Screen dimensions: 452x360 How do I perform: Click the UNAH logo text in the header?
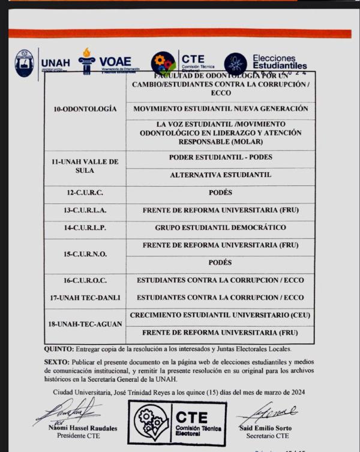[x=55, y=62]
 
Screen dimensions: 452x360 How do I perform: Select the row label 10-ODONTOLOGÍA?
[x=85, y=110]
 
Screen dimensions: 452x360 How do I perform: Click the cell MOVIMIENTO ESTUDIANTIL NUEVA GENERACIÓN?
[x=220, y=109]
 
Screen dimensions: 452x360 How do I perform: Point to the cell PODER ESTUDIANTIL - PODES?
[x=220, y=157]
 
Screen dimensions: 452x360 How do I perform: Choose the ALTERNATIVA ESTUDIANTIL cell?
[x=220, y=175]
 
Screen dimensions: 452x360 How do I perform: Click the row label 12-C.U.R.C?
[x=85, y=193]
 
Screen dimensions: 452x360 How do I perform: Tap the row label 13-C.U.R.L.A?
[x=85, y=211]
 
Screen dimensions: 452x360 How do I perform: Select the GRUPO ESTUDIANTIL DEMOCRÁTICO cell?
[x=220, y=228]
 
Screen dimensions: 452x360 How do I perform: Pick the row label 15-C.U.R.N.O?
[x=85, y=254]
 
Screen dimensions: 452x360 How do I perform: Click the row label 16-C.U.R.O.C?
[x=85, y=280]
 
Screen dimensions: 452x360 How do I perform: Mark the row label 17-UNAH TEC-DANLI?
[x=85, y=298]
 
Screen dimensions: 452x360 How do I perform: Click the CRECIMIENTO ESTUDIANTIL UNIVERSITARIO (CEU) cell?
[x=220, y=315]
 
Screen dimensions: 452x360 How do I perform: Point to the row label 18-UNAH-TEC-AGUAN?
[x=85, y=324]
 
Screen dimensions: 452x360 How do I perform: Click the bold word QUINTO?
[x=59, y=349]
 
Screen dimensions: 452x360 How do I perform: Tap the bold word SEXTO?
[x=56, y=363]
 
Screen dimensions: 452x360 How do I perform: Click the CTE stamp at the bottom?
[x=177, y=423]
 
